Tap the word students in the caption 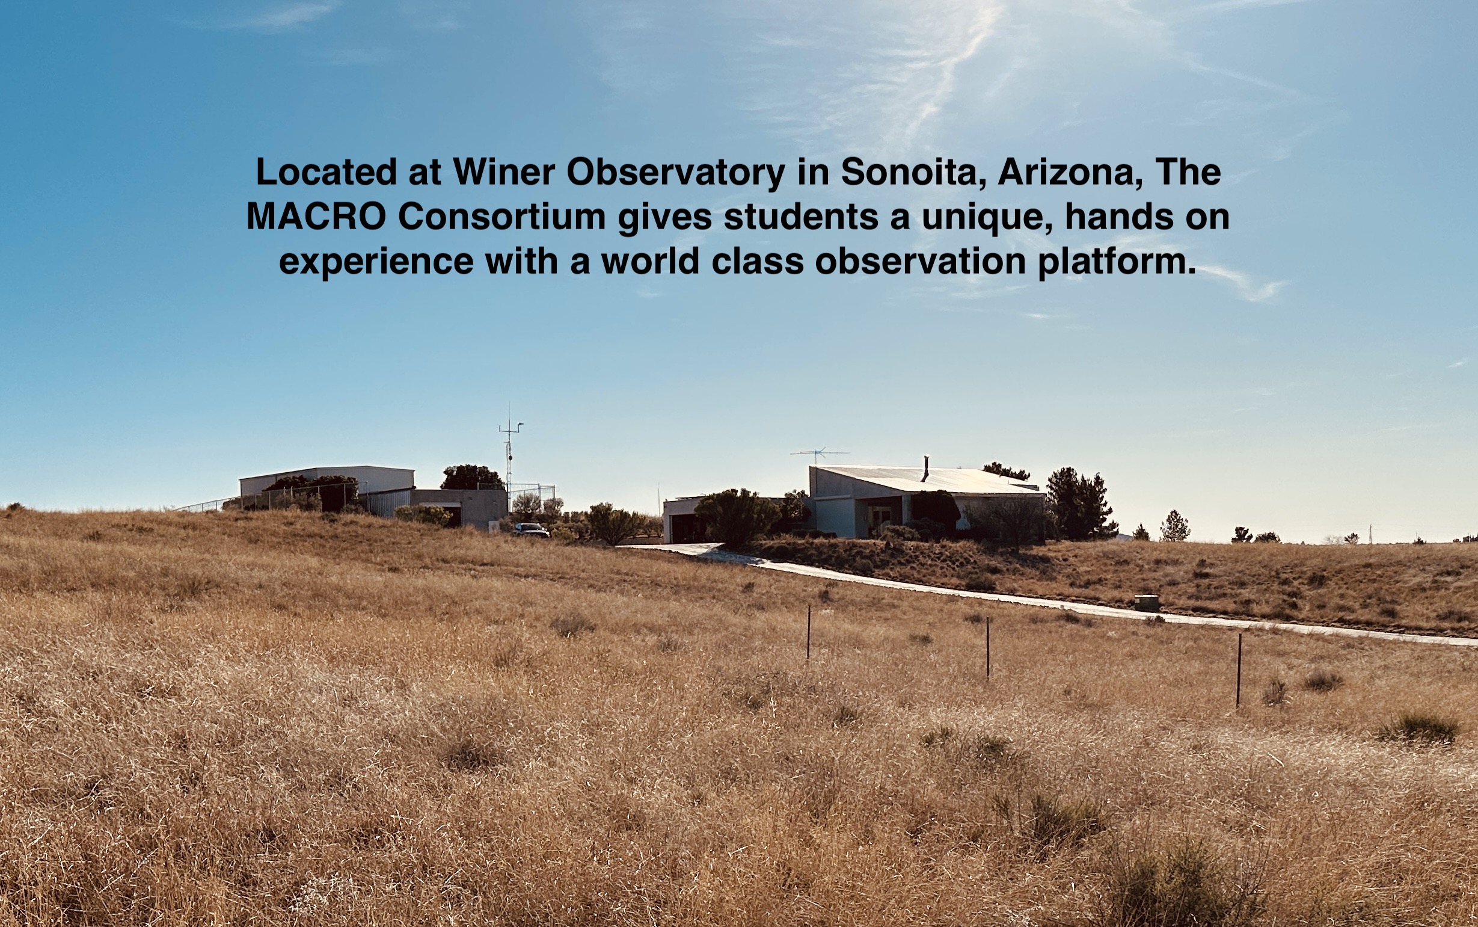[x=801, y=217]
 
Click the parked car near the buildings [x=531, y=530]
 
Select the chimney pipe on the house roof [x=926, y=469]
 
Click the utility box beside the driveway [x=1146, y=603]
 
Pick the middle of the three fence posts [x=988, y=647]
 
